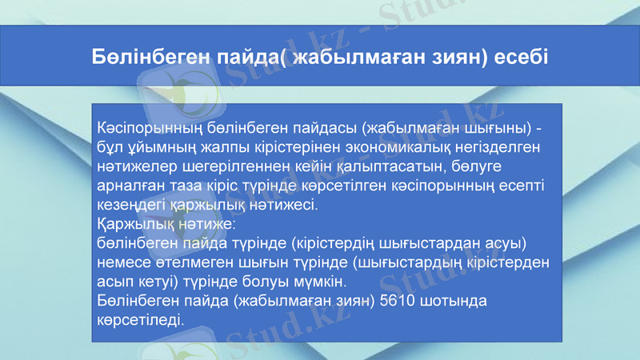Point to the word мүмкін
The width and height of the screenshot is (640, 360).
click(x=320, y=282)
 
